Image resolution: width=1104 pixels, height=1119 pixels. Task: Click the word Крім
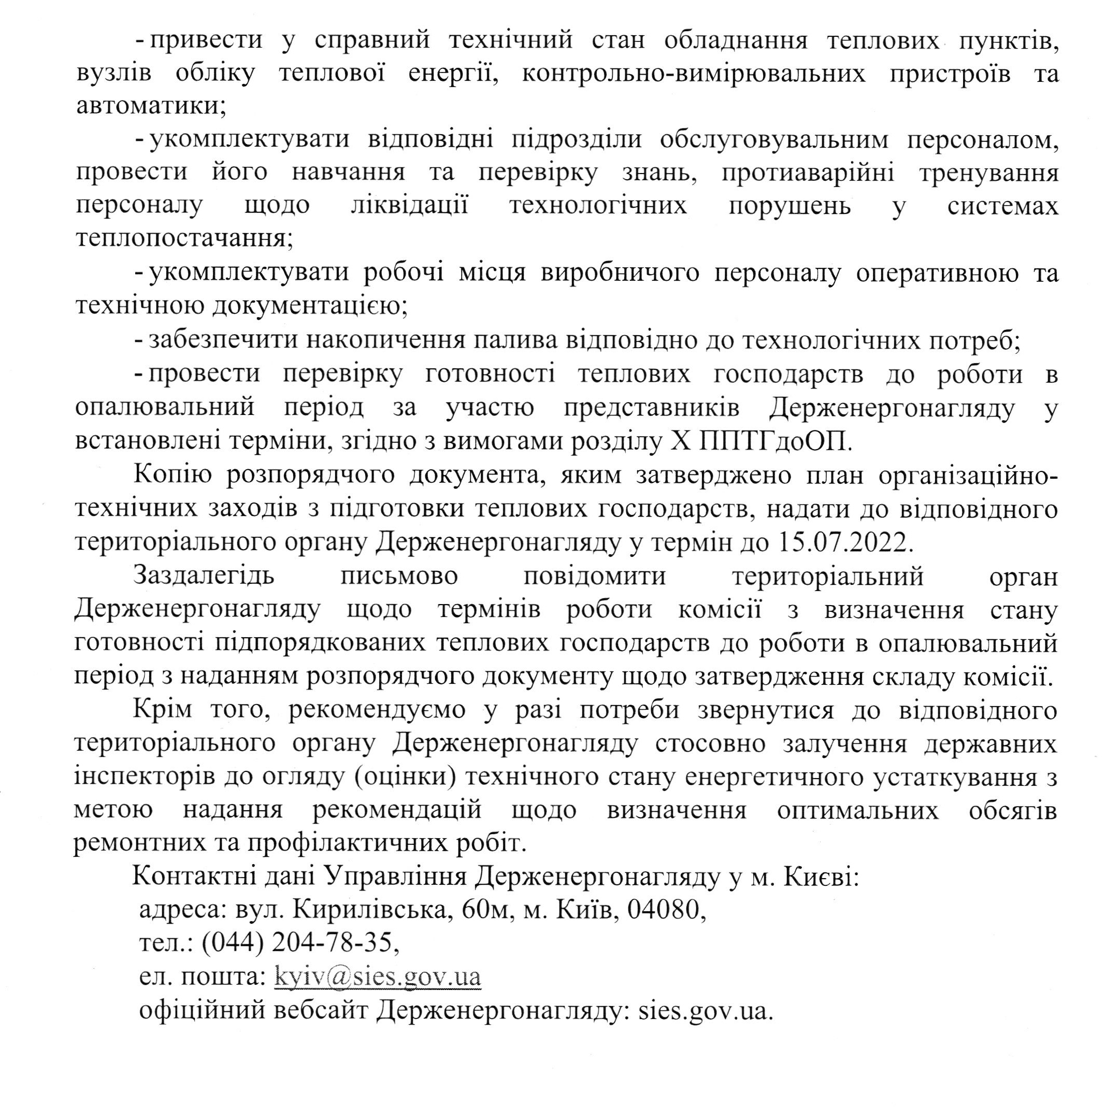pyautogui.click(x=162, y=710)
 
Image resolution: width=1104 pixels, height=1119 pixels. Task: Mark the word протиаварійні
pyautogui.click(x=808, y=173)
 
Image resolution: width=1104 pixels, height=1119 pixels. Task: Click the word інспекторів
pyautogui.click(x=146, y=777)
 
